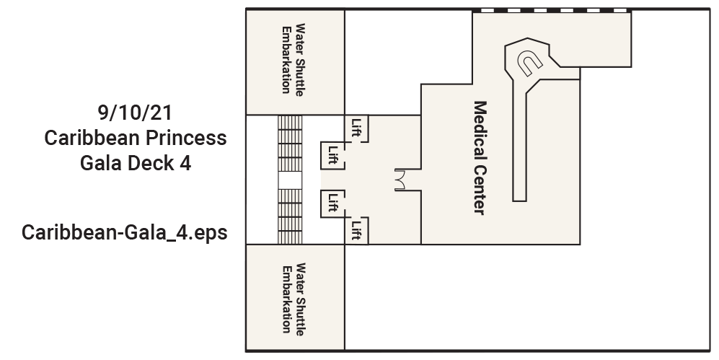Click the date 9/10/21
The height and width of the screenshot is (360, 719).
pyautogui.click(x=135, y=113)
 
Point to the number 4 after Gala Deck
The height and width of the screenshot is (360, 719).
pyautogui.click(x=185, y=163)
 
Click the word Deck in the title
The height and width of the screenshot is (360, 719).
pyautogui.click(x=151, y=163)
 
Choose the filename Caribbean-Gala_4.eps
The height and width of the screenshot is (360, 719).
pyautogui.click(x=124, y=232)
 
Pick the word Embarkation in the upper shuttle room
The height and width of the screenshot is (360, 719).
pyautogui.click(x=286, y=60)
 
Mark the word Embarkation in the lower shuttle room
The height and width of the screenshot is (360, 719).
pyautogui.click(x=286, y=299)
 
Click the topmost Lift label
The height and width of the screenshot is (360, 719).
pyautogui.click(x=356, y=128)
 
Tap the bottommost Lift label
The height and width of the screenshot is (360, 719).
pyautogui.click(x=356, y=231)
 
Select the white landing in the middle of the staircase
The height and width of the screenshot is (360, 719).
pyautogui.click(x=290, y=180)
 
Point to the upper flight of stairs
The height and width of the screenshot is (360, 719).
pyautogui.click(x=290, y=144)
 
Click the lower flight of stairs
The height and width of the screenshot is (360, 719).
pyautogui.click(x=290, y=216)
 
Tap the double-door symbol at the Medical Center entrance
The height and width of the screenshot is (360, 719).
pyautogui.click(x=400, y=180)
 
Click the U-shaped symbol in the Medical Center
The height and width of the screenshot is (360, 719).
pyautogui.click(x=529, y=63)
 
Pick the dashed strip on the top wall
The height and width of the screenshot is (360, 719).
pyautogui.click(x=552, y=10)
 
